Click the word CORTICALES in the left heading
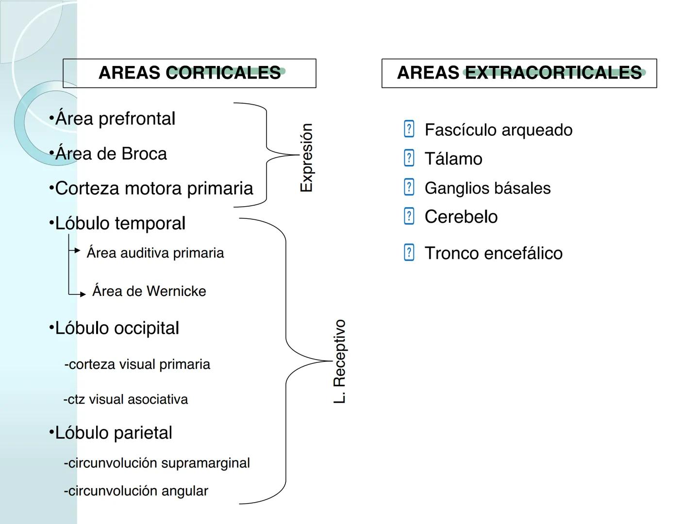click(223, 73)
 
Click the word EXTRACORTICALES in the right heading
click(553, 73)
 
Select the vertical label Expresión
click(307, 157)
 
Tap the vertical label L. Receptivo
click(340, 361)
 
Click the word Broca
click(144, 154)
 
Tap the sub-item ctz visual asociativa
click(126, 399)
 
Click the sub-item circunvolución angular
click(136, 491)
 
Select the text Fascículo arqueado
click(498, 130)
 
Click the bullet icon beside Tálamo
click(409, 158)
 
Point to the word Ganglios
click(454, 188)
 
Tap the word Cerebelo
click(461, 217)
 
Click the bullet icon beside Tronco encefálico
click(409, 252)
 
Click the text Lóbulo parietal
click(114, 433)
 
